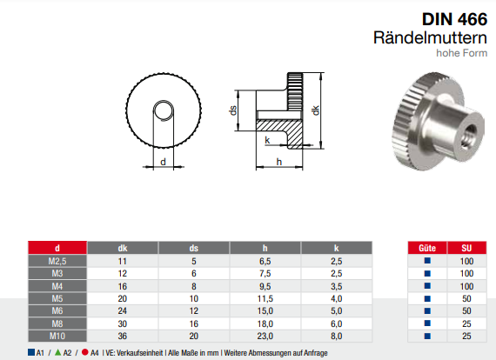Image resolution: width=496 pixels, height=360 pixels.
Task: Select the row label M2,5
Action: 57,261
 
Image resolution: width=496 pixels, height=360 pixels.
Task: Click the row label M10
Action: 57,334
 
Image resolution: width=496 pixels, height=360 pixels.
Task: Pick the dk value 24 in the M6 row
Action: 123,310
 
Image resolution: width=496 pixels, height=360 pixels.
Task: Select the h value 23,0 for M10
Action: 265,334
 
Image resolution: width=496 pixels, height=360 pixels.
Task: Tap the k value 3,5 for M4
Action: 335,285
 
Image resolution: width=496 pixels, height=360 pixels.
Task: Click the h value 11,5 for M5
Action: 265,297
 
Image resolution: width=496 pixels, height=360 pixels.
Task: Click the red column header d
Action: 57,248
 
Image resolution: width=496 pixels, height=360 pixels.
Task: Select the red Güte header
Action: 426,248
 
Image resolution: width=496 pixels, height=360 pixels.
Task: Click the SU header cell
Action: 466,248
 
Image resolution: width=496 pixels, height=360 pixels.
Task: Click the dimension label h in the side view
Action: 278,162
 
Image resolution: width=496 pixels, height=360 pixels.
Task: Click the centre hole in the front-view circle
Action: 163,111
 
